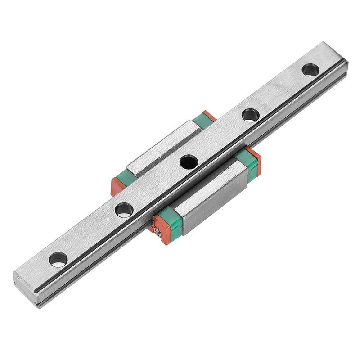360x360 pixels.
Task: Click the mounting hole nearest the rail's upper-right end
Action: pyautogui.click(x=310, y=70)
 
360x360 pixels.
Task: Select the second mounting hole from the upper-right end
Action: pyautogui.click(x=250, y=115)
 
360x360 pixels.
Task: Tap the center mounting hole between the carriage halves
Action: pyautogui.click(x=189, y=162)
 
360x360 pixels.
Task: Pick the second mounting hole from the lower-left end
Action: pyautogui.click(x=124, y=210)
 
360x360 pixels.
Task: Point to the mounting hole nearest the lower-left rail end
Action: pyautogui.click(x=58, y=259)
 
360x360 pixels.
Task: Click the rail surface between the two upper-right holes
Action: pyautogui.click(x=280, y=92)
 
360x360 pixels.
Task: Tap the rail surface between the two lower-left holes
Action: pyautogui.click(x=91, y=234)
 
